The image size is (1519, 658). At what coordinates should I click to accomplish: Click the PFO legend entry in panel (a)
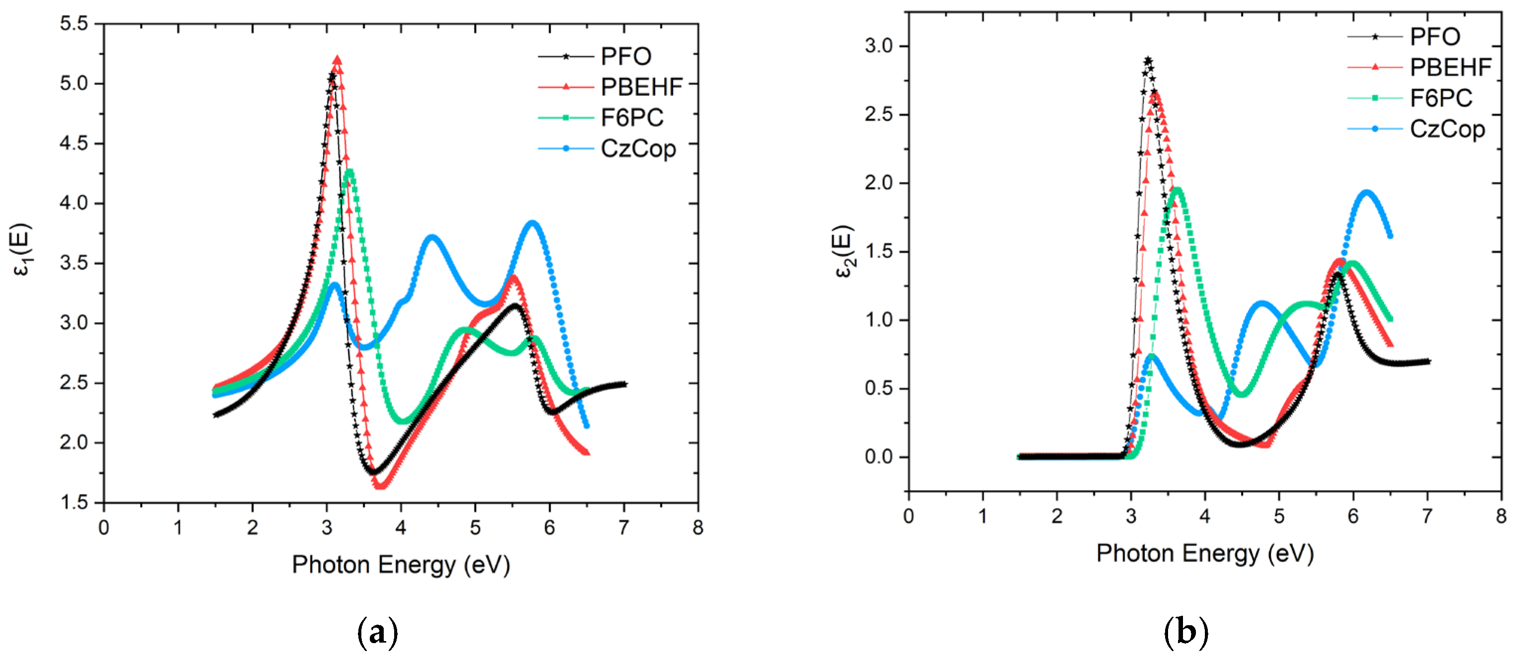click(x=625, y=57)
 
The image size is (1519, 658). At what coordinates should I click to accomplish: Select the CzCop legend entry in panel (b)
click(x=1446, y=129)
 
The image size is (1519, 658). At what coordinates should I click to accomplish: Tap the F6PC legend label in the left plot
click(x=632, y=118)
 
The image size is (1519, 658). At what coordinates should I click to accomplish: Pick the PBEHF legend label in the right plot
click(x=1450, y=67)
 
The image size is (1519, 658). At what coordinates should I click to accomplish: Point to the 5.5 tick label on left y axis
click(x=73, y=23)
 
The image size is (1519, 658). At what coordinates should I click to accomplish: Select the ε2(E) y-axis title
click(x=843, y=251)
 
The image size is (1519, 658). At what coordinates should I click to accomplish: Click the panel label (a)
click(x=377, y=633)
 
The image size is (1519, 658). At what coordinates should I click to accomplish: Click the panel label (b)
click(x=1186, y=632)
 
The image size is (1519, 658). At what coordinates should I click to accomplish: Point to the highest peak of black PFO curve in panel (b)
click(x=1148, y=60)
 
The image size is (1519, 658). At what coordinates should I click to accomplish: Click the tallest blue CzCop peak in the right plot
click(x=1367, y=192)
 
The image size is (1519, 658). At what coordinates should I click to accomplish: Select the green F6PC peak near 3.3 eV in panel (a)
click(x=349, y=171)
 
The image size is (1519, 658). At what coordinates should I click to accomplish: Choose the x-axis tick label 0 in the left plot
click(x=104, y=528)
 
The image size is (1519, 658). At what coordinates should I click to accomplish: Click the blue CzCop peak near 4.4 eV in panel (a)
click(x=432, y=237)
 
